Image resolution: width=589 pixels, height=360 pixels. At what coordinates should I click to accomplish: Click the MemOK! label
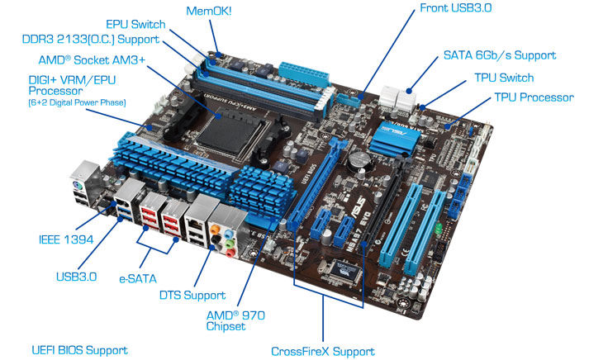(x=209, y=11)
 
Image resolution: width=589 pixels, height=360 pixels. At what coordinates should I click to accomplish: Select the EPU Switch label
(x=135, y=25)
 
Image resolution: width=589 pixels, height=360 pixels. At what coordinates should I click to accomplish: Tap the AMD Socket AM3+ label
(x=92, y=60)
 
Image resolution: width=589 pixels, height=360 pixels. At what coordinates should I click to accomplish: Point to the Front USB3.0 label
(x=456, y=8)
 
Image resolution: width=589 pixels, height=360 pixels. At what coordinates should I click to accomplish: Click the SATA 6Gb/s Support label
(x=500, y=55)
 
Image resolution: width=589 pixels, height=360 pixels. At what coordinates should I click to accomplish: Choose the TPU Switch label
(x=504, y=78)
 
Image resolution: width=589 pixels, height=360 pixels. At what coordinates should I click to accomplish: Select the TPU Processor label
(x=534, y=97)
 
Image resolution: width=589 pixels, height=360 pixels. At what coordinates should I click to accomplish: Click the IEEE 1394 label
(x=66, y=239)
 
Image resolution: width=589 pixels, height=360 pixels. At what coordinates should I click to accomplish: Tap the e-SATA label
(x=138, y=279)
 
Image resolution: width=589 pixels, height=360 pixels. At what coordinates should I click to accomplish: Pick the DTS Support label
(x=192, y=296)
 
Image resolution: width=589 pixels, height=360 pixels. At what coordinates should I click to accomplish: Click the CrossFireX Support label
(x=323, y=352)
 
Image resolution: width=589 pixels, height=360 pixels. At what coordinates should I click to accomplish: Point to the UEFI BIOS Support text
(x=79, y=351)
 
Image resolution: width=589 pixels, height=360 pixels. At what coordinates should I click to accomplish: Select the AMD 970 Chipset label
(x=235, y=320)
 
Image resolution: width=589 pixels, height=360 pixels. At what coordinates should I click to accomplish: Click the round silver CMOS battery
(x=359, y=160)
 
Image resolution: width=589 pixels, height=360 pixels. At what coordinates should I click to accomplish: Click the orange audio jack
(x=215, y=229)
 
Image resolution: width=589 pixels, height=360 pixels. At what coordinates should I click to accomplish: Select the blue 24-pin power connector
(x=303, y=74)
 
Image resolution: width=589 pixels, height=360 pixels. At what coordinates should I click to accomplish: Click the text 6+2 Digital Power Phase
(x=77, y=102)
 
